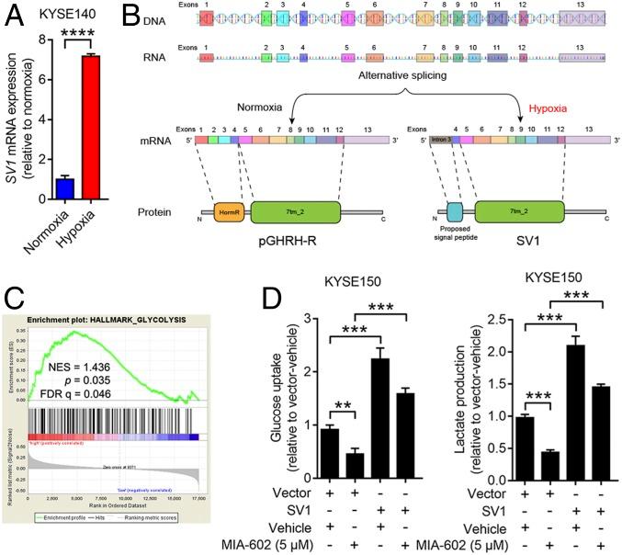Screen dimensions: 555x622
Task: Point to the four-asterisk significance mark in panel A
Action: tap(78, 32)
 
